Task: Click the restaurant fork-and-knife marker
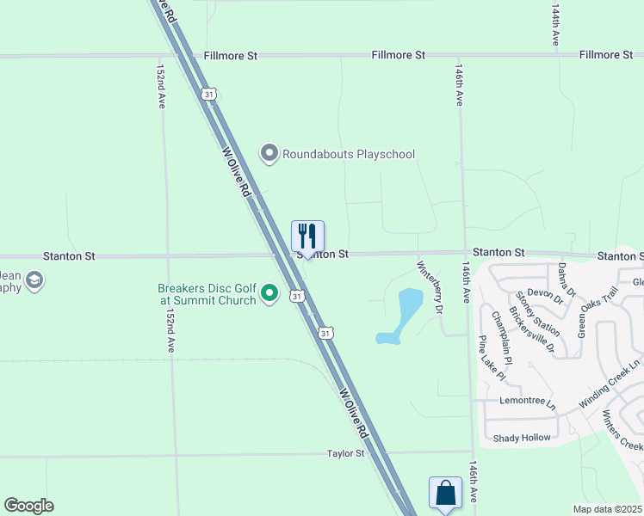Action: [307, 236]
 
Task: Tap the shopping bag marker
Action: [445, 494]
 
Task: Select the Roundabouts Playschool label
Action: [349, 154]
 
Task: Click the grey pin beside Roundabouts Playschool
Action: [269, 154]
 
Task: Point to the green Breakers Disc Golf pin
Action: [269, 295]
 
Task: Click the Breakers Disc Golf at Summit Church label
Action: [207, 295]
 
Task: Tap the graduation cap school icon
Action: [34, 281]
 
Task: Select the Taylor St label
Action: [346, 453]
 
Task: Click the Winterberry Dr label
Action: [429, 286]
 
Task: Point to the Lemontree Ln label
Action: [527, 401]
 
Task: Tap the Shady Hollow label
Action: [522, 438]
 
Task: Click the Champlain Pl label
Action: [500, 336]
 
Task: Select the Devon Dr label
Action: [545, 296]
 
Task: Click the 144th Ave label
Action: [556, 28]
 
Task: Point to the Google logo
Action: [28, 506]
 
